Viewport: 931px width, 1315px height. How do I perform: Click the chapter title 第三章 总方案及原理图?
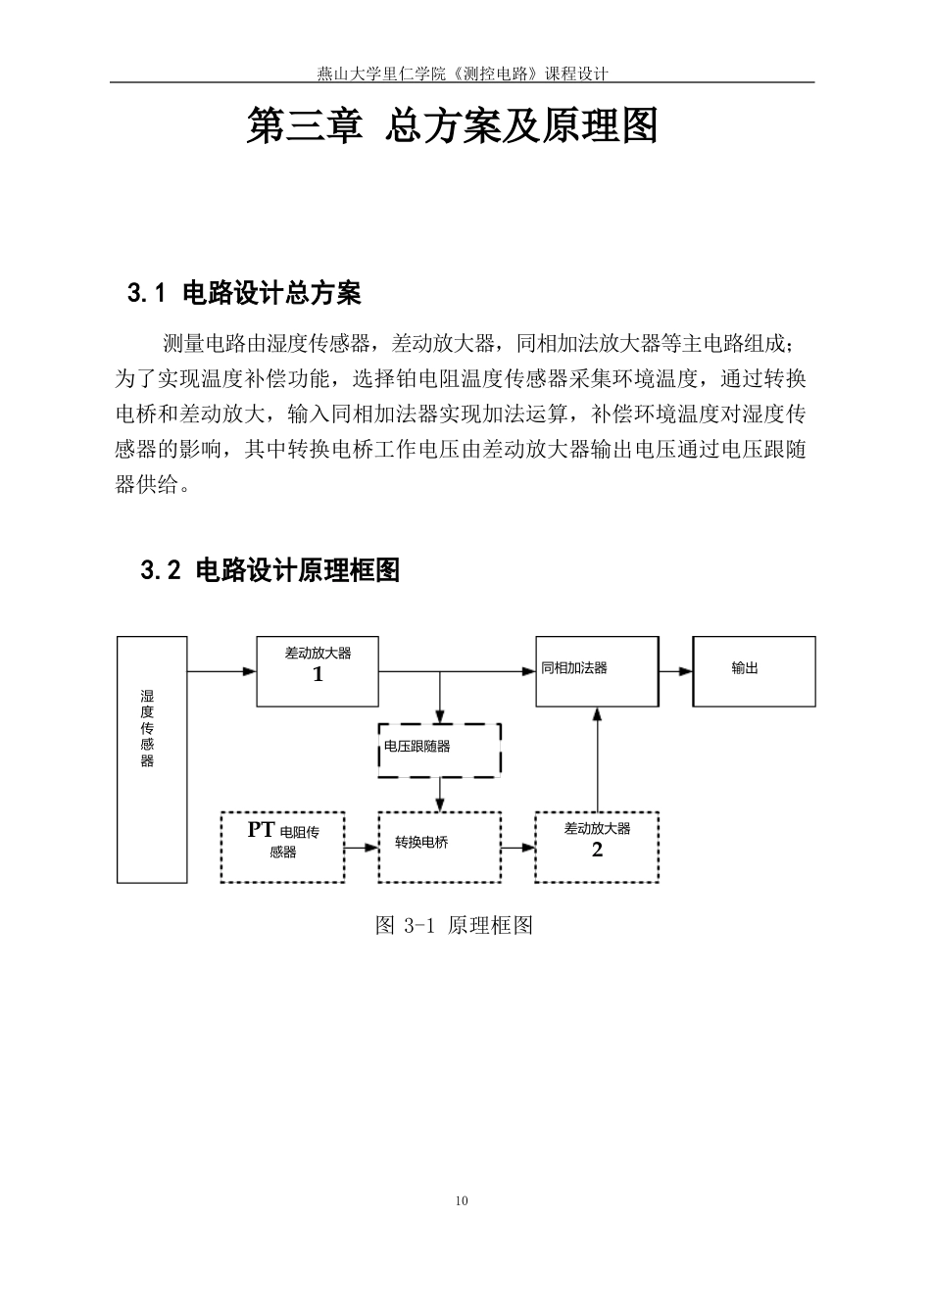452,126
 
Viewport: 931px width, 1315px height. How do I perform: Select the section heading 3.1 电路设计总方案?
244,292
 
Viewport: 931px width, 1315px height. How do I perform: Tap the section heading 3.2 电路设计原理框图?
270,570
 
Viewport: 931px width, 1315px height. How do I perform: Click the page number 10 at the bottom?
463,1201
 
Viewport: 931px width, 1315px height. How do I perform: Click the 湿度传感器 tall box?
152,759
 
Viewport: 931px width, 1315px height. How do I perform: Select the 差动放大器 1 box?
318,671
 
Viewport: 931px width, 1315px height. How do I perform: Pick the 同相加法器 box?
597,671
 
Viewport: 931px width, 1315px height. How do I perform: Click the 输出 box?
754,671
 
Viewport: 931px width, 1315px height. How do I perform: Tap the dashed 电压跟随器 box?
440,750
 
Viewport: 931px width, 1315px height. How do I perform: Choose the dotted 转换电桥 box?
440,846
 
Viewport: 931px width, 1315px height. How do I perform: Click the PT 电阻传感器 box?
282,846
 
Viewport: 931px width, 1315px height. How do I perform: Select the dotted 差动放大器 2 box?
597,846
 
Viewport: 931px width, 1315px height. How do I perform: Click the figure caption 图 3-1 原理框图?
454,925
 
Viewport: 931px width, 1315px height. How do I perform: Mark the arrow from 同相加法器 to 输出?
676,671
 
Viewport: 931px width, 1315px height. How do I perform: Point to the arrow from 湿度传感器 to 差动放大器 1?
221,671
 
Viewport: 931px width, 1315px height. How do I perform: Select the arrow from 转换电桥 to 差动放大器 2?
517,846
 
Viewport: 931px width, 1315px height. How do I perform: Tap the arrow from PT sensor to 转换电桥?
362,846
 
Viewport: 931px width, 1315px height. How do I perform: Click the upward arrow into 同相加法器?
597,759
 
